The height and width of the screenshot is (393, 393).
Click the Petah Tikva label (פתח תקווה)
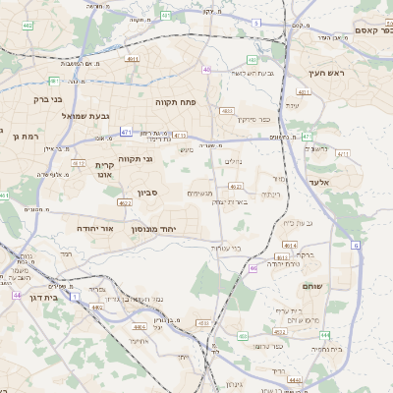point(177,100)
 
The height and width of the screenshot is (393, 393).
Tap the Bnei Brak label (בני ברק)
point(40,98)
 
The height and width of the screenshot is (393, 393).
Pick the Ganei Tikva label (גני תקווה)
point(135,158)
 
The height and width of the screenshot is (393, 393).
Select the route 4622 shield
point(125,202)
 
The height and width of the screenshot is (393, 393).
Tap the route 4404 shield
point(140,326)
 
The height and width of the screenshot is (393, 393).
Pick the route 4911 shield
point(132,60)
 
